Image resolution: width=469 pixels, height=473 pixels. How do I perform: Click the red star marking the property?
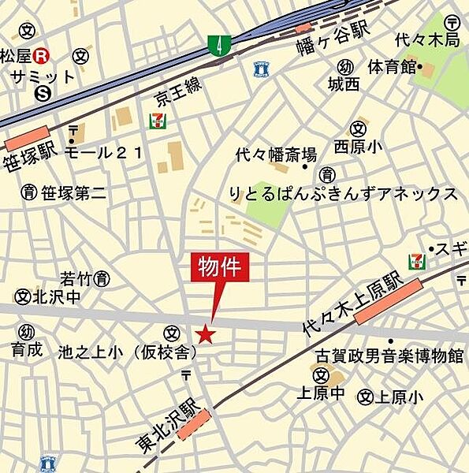(x=206, y=335)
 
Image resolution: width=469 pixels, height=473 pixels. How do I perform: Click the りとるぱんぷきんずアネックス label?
(x=343, y=194)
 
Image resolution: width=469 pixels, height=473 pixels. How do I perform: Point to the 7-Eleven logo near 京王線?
(x=157, y=121)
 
